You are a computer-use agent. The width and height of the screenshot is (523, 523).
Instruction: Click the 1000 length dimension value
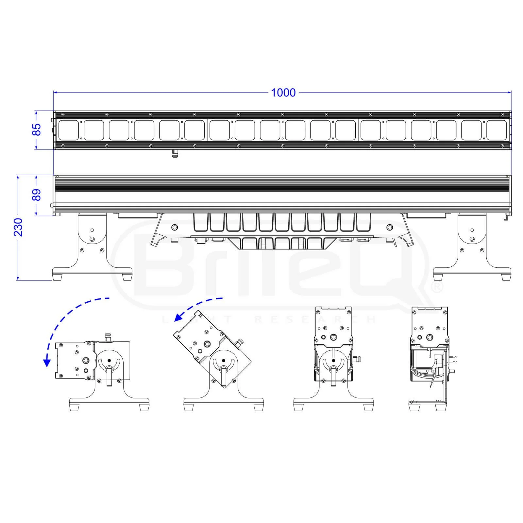tap(283, 93)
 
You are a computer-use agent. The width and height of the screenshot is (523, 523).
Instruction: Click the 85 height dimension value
tap(38, 130)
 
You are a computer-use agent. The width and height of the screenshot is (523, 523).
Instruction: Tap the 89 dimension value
tap(38, 195)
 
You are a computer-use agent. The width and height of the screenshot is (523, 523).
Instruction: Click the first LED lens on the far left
tap(68, 130)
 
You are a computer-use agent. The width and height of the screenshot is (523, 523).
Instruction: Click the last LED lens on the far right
tap(497, 130)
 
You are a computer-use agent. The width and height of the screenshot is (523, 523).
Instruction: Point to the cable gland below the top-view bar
tap(176, 153)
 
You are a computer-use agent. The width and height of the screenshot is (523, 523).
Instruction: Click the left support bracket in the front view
tap(92, 242)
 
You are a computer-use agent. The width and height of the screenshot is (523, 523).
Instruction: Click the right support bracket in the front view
tap(472, 242)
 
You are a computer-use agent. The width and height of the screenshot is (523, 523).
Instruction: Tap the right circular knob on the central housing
tap(389, 227)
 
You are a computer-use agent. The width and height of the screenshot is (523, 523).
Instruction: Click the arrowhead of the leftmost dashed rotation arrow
tap(47, 362)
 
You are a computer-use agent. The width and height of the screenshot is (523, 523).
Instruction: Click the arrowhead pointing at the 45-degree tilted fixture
tap(178, 317)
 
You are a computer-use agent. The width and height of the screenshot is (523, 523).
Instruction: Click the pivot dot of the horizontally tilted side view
tap(109, 361)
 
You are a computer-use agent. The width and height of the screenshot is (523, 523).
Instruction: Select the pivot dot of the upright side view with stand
tap(333, 361)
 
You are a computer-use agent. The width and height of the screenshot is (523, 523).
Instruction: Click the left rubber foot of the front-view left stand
tap(58, 277)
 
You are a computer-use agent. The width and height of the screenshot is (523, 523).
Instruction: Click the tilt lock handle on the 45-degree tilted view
tap(224, 374)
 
